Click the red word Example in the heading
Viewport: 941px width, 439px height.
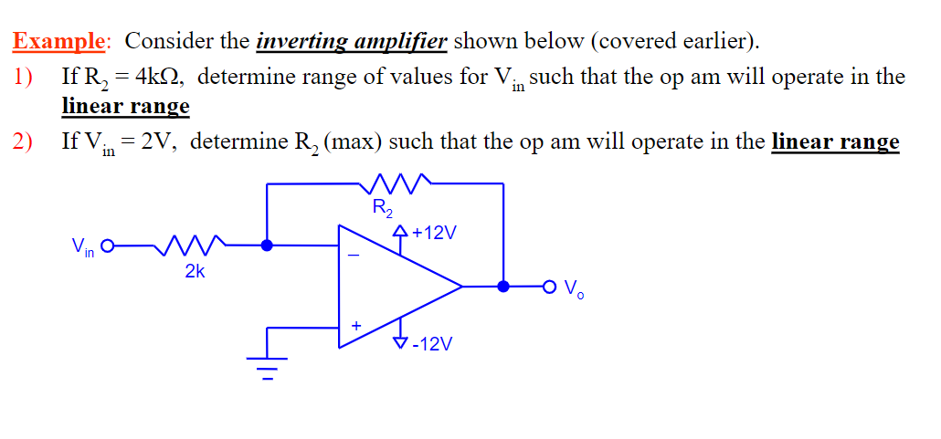(59, 41)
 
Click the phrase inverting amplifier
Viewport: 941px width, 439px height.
(352, 41)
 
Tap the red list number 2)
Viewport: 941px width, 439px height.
(23, 141)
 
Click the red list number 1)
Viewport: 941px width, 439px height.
(23, 77)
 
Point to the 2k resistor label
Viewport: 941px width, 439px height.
(194, 271)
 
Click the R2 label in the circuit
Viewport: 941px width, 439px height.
(383, 208)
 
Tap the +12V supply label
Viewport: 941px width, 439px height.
(433, 234)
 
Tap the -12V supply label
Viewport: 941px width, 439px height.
(432, 343)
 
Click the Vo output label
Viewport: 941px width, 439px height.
(574, 289)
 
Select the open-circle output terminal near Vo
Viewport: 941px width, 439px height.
(549, 287)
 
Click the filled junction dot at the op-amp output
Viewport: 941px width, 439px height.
(503, 287)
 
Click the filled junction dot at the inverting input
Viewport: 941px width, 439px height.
(267, 245)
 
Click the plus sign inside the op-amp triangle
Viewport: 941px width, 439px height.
(355, 323)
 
